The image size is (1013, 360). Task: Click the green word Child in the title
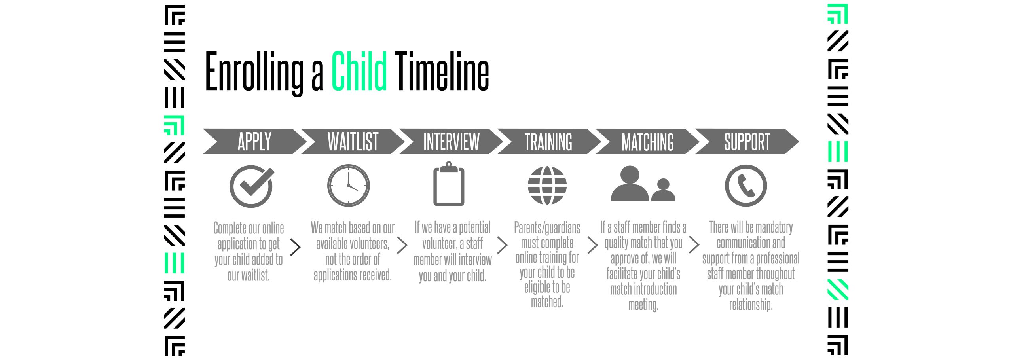tap(359, 71)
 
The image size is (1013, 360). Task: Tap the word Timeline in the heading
tap(442, 71)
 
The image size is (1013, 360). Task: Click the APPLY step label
tap(254, 142)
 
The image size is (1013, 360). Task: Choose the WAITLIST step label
tap(353, 142)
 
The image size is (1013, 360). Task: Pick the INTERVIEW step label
tap(451, 142)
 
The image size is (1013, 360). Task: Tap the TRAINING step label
tap(548, 142)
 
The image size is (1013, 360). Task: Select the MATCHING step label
tap(647, 142)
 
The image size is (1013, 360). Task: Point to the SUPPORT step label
tap(747, 142)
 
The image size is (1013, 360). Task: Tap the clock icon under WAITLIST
tap(349, 186)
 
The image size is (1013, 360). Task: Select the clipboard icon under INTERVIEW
tap(449, 184)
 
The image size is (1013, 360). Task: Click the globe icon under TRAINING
tap(547, 186)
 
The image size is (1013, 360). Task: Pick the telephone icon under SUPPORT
tap(746, 186)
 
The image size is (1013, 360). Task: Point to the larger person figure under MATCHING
tap(630, 184)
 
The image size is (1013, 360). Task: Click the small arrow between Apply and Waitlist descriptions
tap(296, 247)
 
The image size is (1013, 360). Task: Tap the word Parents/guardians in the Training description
tap(547, 228)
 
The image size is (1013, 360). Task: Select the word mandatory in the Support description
tap(774, 228)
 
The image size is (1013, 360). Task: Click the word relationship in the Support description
tap(751, 305)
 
